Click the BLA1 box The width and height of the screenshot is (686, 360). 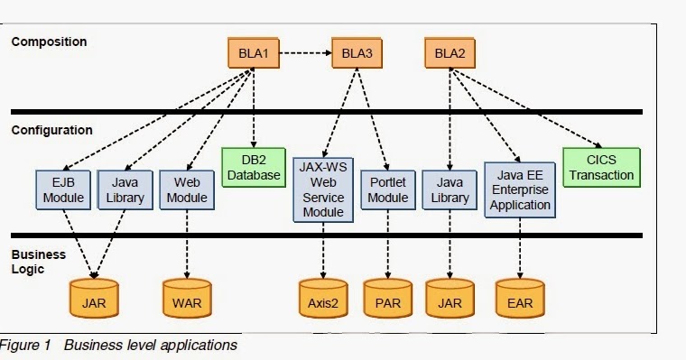click(254, 53)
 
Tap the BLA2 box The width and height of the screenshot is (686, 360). click(450, 53)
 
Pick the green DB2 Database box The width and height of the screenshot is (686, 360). click(254, 168)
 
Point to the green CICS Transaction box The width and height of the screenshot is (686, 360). click(601, 168)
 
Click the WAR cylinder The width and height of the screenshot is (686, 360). click(187, 298)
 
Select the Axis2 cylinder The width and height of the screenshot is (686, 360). click(323, 298)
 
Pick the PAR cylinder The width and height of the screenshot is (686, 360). click(388, 298)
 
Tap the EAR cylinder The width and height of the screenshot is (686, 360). click(520, 298)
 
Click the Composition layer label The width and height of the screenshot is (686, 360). click(49, 42)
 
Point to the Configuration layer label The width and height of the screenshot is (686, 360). click(52, 130)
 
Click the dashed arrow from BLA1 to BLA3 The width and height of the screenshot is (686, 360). click(305, 53)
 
